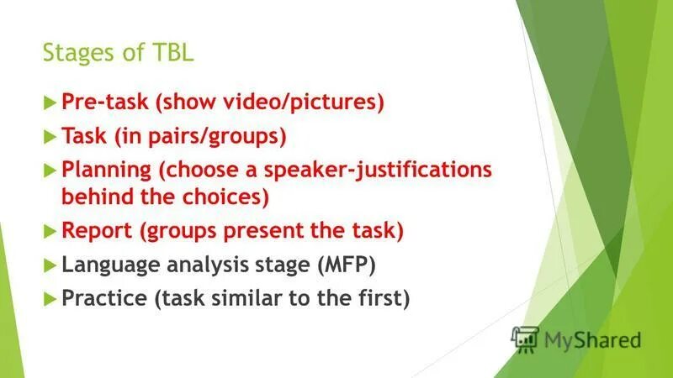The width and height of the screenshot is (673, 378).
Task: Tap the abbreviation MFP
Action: [347, 265]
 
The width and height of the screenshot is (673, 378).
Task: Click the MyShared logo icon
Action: [525, 339]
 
